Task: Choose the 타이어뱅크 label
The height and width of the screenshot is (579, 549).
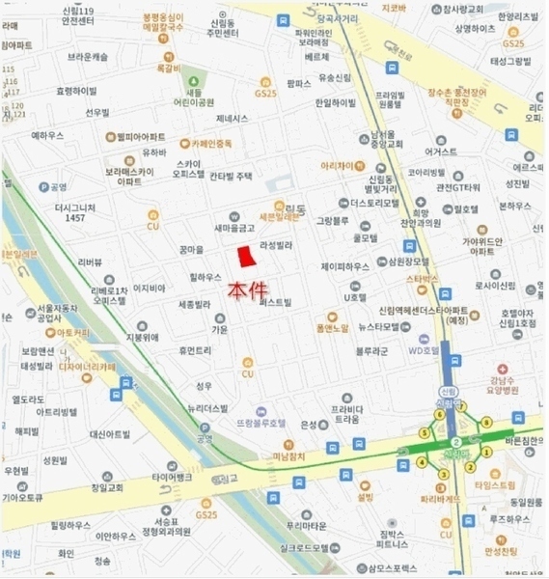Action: coord(173,478)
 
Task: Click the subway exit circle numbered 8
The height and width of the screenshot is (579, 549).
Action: coord(486,422)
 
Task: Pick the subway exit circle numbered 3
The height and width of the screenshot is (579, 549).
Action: coord(443,474)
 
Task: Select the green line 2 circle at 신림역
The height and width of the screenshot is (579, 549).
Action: coord(455,443)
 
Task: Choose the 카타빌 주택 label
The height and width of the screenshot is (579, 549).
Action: coord(231,177)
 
